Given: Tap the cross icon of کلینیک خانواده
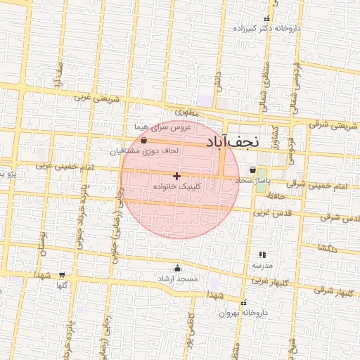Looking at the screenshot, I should (x=176, y=175).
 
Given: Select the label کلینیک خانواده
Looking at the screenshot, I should (x=176, y=187).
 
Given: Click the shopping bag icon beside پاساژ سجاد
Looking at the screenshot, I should (x=252, y=169).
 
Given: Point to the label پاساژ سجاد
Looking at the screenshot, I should (x=252, y=181).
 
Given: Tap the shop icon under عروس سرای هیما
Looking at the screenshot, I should (x=144, y=140).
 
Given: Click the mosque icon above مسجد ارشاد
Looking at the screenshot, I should (x=177, y=268).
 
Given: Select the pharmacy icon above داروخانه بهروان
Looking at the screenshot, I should (x=243, y=301).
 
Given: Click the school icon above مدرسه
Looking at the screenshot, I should (x=262, y=255).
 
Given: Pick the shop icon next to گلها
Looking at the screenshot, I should (x=62, y=275).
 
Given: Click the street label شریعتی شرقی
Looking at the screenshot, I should (x=333, y=126).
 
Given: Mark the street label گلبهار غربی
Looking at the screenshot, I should (x=267, y=281).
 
